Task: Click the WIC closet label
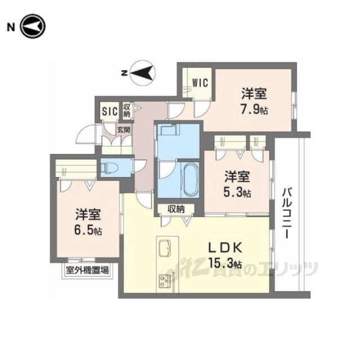(200, 83)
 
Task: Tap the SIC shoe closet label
(110, 111)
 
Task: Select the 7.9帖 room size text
(254, 110)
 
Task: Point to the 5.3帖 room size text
(237, 192)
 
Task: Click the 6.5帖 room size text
(88, 230)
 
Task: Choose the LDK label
(225, 248)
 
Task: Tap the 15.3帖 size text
(225, 263)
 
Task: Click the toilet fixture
(109, 167)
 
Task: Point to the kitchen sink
(164, 248)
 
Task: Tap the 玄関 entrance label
(124, 130)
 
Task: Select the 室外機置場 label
(87, 270)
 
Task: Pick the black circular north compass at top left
(33, 26)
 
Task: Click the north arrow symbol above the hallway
(142, 73)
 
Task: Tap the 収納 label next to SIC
(127, 110)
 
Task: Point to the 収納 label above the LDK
(176, 209)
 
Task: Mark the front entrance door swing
(86, 134)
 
